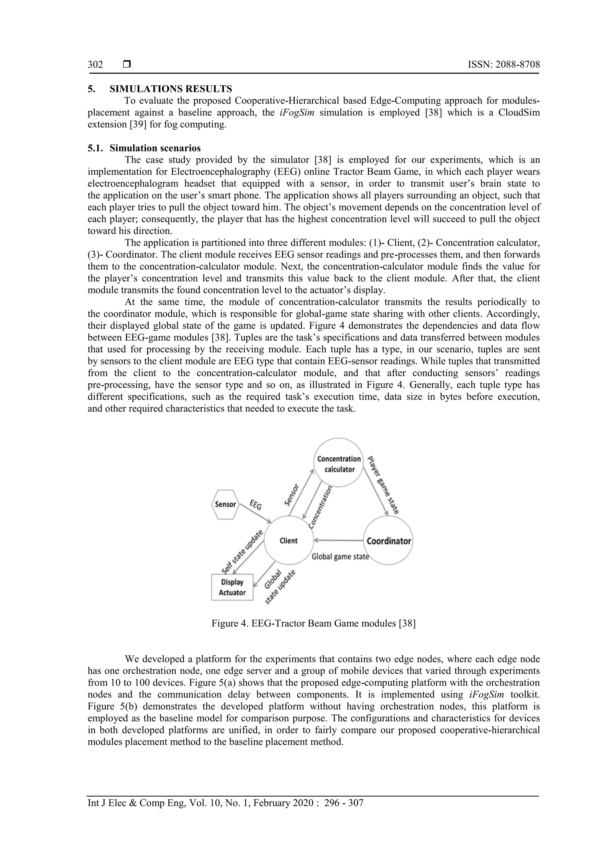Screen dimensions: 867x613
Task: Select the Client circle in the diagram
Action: tap(289, 541)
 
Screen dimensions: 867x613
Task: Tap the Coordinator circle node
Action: tap(388, 541)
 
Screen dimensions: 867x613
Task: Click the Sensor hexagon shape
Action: tap(225, 504)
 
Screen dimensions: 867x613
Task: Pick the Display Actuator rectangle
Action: tap(232, 587)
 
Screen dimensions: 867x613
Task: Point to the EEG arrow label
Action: tap(256, 505)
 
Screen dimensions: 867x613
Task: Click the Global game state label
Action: tap(340, 557)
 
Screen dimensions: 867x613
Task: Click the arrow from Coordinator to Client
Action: tap(338, 540)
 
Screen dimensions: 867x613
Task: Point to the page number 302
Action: tap(95, 65)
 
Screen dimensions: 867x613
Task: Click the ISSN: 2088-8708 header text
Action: tap(503, 65)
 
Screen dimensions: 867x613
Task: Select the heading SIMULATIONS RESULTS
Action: tap(171, 89)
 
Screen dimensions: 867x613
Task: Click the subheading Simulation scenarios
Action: tap(155, 148)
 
